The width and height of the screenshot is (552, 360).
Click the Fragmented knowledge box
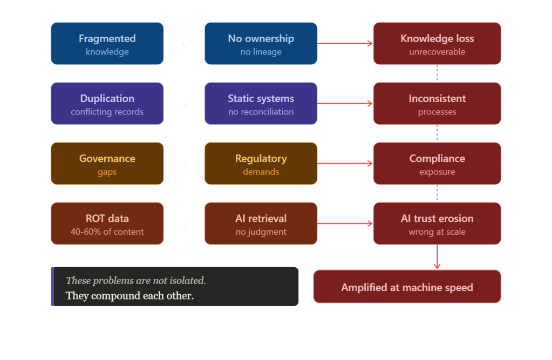tap(107, 44)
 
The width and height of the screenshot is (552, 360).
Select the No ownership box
tap(261, 44)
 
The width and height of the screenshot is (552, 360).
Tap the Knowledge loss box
tap(437, 44)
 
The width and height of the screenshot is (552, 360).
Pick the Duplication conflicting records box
tap(107, 104)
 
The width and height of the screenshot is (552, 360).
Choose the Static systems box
tap(261, 104)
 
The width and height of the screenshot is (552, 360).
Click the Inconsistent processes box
tap(437, 104)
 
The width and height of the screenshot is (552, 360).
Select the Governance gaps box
tap(107, 164)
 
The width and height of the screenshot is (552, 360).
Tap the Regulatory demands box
tap(261, 164)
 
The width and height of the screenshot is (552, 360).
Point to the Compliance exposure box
tap(437, 164)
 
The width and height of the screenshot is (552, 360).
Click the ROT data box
tap(107, 223)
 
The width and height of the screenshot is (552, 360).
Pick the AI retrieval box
tap(261, 223)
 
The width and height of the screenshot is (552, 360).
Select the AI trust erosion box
tap(437, 223)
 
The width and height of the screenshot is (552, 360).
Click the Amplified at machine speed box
tap(407, 287)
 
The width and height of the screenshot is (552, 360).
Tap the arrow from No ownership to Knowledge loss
tap(345, 44)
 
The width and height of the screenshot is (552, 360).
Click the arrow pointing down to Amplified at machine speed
tap(437, 257)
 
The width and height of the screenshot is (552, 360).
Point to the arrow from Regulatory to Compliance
tap(345, 164)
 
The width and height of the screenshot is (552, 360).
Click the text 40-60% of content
tap(107, 232)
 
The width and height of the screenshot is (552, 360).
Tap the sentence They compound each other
tap(130, 296)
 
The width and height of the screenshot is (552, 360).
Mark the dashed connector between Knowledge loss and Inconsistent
tap(437, 73)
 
